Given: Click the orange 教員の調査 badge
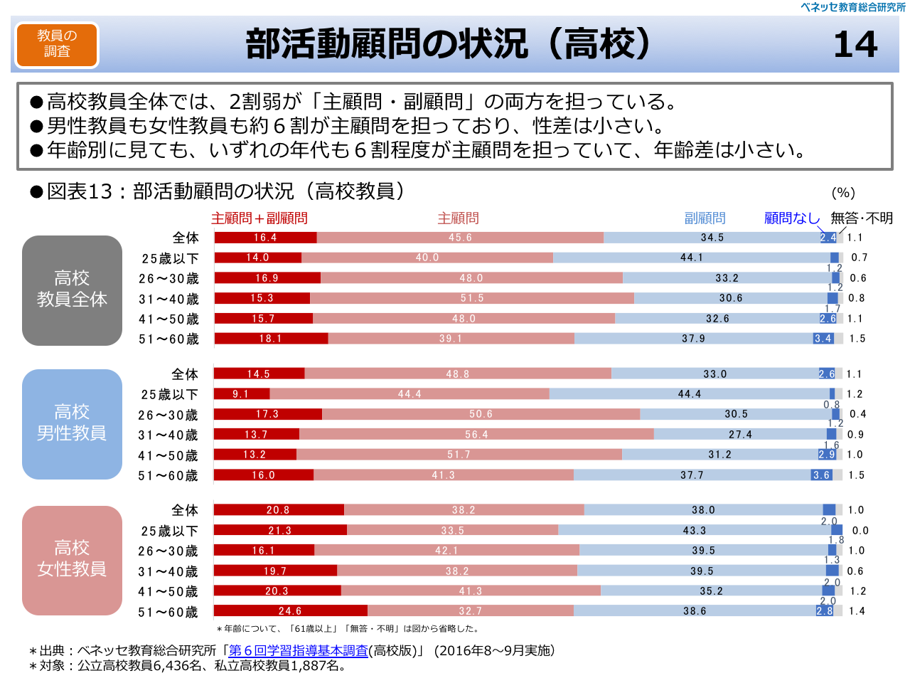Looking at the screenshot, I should (x=57, y=44).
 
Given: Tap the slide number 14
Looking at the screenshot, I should (x=855, y=44).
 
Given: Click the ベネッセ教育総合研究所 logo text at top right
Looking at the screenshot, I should (x=852, y=7).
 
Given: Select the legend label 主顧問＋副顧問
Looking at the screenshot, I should (x=259, y=218).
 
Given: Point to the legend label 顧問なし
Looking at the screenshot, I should (x=791, y=218).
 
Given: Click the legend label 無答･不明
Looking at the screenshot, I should (x=862, y=218).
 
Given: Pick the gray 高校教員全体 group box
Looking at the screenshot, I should (x=72, y=290).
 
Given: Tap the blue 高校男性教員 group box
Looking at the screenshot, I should (x=72, y=424).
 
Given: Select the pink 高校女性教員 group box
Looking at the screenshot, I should (x=72, y=560).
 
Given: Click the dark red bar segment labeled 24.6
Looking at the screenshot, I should (x=291, y=610).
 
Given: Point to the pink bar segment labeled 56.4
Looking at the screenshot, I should (x=476, y=434).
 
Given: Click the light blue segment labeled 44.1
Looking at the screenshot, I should (x=691, y=258).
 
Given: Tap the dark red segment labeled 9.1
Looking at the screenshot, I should (x=242, y=393).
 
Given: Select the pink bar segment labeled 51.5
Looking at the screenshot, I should (x=472, y=298).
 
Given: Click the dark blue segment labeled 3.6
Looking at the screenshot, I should (x=822, y=475).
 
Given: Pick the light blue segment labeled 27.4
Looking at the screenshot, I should (x=740, y=434).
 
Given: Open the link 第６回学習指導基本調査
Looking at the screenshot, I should (x=299, y=650).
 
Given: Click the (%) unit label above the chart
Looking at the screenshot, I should (x=843, y=192).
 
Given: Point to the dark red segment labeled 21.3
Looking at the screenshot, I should (x=280, y=530).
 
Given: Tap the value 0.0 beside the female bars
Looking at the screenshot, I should (x=860, y=530).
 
